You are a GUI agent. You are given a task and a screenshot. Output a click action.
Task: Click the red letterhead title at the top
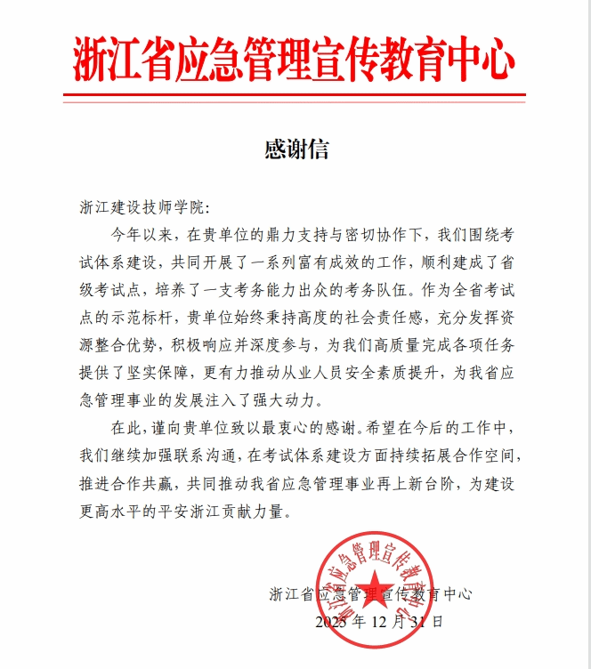(x=295, y=60)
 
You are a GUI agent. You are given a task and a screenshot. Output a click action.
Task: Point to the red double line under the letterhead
(x=295, y=95)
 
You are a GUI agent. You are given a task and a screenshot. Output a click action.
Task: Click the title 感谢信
(x=296, y=149)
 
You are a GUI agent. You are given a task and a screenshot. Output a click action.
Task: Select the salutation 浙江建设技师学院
(x=142, y=208)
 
